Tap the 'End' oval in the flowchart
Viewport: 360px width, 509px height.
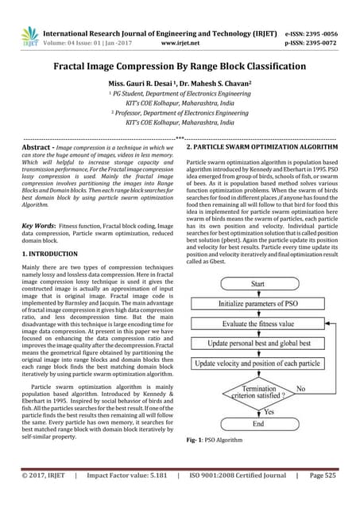(x=257, y=424)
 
